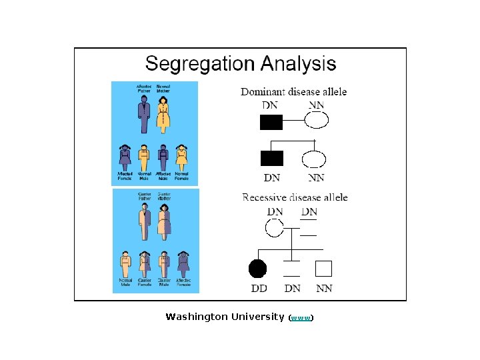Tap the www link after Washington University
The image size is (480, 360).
pyautogui.click(x=301, y=318)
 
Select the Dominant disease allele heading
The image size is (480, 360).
pyautogui.click(x=294, y=92)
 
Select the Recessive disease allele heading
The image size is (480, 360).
pyautogui.click(x=295, y=197)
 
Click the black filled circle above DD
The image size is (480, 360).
pyautogui.click(x=257, y=269)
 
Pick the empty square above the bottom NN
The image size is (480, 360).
pyautogui.click(x=323, y=269)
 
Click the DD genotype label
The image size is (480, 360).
pyautogui.click(x=259, y=289)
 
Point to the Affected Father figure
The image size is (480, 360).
pyautogui.click(x=144, y=114)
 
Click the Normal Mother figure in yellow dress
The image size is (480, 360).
pyautogui.click(x=163, y=115)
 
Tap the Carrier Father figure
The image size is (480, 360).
pyautogui.click(x=145, y=219)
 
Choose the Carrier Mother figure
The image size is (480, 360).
pyautogui.click(x=164, y=221)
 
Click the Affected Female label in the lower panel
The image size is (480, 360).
pyautogui.click(x=183, y=283)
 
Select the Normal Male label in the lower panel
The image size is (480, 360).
pyautogui.click(x=125, y=283)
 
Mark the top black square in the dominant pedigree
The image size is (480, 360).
pyautogui.click(x=271, y=122)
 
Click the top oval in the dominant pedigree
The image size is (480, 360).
pyautogui.click(x=317, y=121)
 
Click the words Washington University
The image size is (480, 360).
pyautogui.click(x=225, y=317)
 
